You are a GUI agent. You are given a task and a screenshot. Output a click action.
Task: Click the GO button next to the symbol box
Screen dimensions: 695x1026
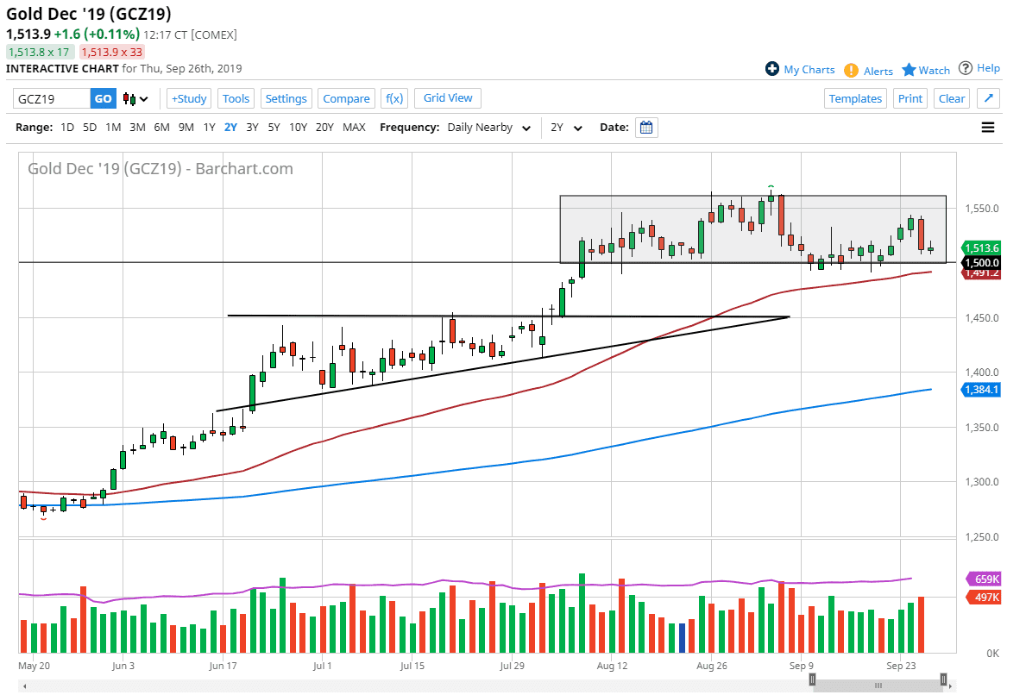pos(103,98)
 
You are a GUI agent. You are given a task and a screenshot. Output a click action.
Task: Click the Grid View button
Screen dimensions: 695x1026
pos(448,98)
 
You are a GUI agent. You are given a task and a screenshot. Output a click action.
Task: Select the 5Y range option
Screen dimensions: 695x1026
pos(274,128)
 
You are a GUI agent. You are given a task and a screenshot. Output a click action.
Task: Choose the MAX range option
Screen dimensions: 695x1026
pos(354,128)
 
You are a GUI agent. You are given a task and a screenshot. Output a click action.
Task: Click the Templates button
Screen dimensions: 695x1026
pos(855,98)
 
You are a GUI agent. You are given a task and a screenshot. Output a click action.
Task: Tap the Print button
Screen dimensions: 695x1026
pos(910,98)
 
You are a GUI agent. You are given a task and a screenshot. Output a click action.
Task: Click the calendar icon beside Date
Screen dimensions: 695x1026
pos(646,128)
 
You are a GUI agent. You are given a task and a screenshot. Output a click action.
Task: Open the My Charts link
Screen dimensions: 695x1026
pos(800,70)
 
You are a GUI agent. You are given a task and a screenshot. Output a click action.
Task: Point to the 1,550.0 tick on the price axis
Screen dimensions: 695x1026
pos(981,209)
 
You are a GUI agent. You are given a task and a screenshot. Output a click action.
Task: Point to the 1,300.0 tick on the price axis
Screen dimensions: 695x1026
pos(981,482)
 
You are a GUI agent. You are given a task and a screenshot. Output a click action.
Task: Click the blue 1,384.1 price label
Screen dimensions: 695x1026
pos(980,390)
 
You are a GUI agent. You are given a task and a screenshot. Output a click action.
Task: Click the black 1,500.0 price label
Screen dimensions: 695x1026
pos(980,263)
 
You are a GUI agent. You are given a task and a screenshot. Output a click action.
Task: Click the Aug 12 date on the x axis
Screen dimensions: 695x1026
pos(610,666)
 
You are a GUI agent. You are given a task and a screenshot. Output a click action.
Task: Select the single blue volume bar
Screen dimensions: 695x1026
pos(682,637)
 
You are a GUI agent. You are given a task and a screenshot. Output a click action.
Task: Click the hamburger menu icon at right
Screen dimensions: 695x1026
pos(988,128)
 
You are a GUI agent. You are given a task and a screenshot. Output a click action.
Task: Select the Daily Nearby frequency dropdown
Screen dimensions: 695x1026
pos(489,128)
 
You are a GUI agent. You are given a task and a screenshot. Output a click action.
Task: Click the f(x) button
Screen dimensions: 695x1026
pos(393,98)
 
